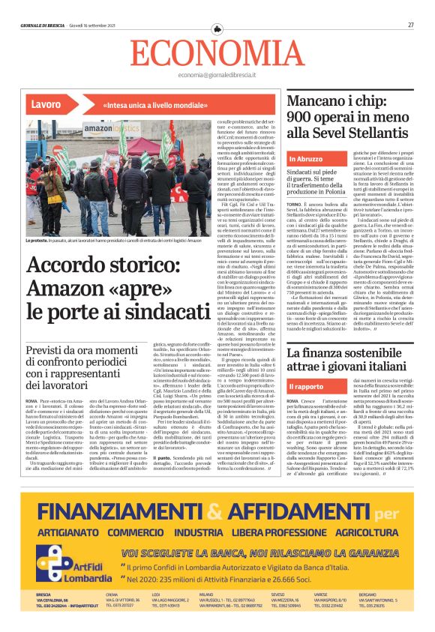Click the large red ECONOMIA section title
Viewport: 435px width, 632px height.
(217, 52)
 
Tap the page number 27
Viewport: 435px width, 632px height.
(411, 25)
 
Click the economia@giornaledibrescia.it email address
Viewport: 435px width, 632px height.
(217, 76)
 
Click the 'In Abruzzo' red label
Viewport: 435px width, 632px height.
(328, 159)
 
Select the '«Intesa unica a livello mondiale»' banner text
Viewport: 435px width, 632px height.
(145, 105)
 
